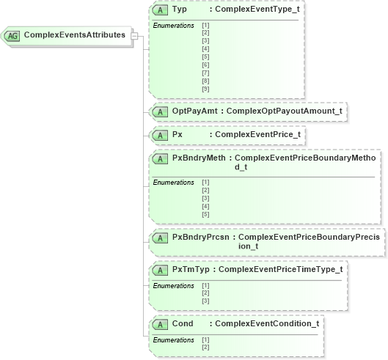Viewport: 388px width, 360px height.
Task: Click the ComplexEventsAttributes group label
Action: coord(74,35)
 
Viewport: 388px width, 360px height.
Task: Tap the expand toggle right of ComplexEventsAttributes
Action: coord(134,35)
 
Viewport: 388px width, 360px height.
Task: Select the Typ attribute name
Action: coord(179,10)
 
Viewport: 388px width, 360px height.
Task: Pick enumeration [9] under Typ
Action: coord(205,89)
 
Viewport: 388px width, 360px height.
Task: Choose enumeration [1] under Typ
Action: coord(205,25)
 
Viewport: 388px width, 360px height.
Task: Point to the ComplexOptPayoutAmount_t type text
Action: coord(284,111)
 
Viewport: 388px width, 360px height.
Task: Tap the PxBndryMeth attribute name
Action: coord(198,158)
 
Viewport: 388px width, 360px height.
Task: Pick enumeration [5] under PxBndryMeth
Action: coord(205,214)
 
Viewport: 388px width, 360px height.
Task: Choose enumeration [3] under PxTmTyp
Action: coord(205,301)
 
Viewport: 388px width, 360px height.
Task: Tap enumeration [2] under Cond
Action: coord(205,347)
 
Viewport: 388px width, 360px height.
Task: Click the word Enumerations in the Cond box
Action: coord(173,339)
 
